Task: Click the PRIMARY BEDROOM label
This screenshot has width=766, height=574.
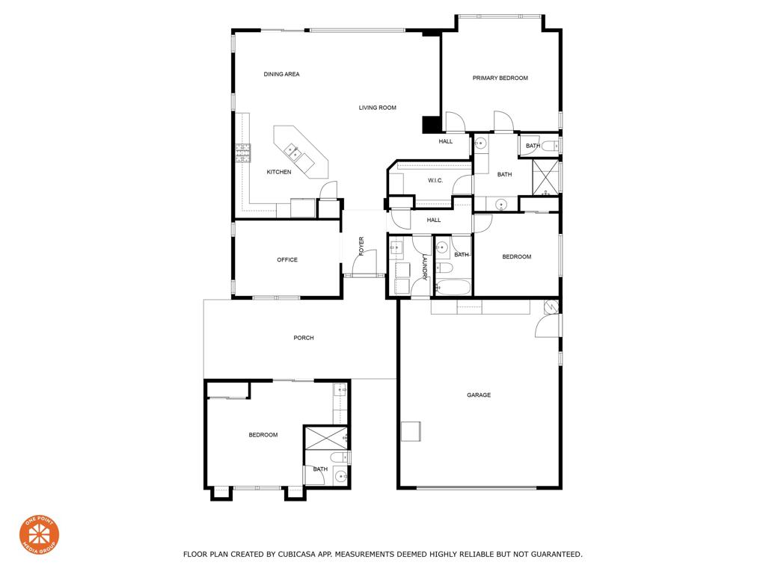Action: (500, 78)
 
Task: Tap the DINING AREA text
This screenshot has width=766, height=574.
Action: (281, 74)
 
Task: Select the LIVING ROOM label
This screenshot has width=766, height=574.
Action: (377, 108)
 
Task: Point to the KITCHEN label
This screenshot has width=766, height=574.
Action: (279, 172)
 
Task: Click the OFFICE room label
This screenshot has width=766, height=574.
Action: (287, 259)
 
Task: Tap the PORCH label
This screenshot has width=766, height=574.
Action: (304, 338)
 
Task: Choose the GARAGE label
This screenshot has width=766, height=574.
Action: (479, 395)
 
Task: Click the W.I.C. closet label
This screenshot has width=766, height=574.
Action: (435, 181)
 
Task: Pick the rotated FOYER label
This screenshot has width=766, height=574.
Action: (361, 246)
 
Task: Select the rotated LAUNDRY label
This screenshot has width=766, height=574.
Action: (425, 268)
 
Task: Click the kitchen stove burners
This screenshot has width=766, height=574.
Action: (243, 153)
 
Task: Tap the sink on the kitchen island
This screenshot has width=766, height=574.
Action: (294, 152)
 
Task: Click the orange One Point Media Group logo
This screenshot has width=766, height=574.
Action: (39, 535)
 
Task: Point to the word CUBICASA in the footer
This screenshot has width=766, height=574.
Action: (296, 555)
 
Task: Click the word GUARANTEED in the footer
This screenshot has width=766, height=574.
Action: (557, 555)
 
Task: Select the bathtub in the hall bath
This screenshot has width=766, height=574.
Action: (453, 287)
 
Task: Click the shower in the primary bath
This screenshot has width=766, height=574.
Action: (545, 177)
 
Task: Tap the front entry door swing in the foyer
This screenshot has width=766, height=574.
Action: (365, 262)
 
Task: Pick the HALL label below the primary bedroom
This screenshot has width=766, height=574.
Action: (446, 141)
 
